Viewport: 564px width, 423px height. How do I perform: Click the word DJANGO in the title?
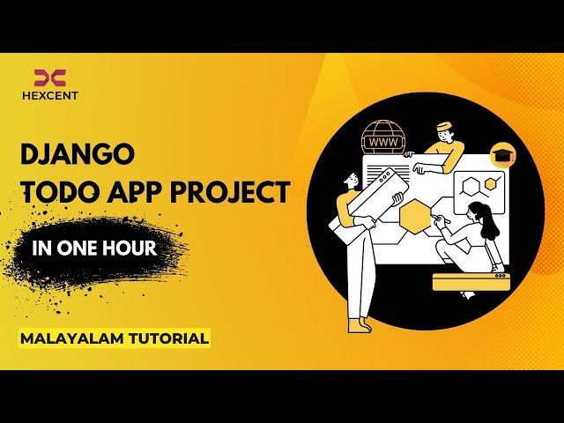[77, 154]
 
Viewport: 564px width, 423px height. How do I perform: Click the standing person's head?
[351, 180]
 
